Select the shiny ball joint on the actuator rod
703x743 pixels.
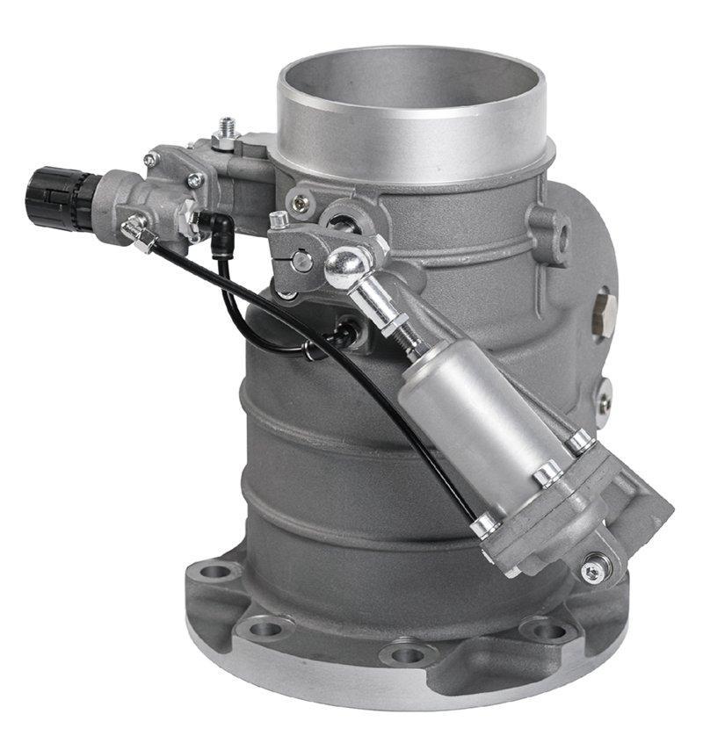(x=344, y=265)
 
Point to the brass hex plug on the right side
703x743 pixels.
(x=604, y=307)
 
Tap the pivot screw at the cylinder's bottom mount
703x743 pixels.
(x=596, y=569)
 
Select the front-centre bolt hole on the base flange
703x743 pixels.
(x=406, y=654)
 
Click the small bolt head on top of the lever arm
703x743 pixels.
(x=279, y=220)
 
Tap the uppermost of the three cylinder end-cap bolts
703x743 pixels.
(x=580, y=439)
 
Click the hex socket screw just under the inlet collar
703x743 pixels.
(x=301, y=203)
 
